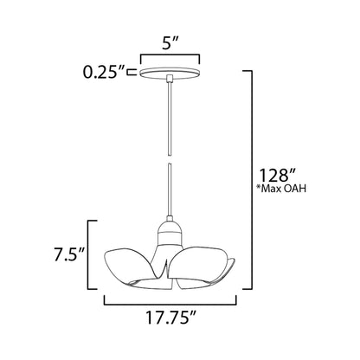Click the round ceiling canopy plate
(170, 74)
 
